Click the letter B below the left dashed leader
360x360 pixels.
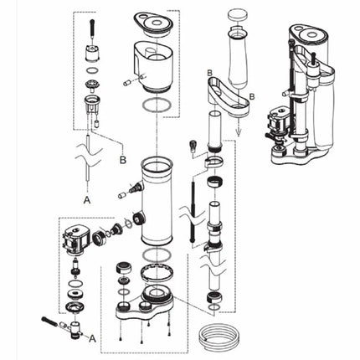click(123, 157)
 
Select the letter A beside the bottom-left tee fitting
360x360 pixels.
click(93, 336)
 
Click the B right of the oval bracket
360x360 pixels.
click(249, 98)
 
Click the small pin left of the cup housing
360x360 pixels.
click(126, 82)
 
